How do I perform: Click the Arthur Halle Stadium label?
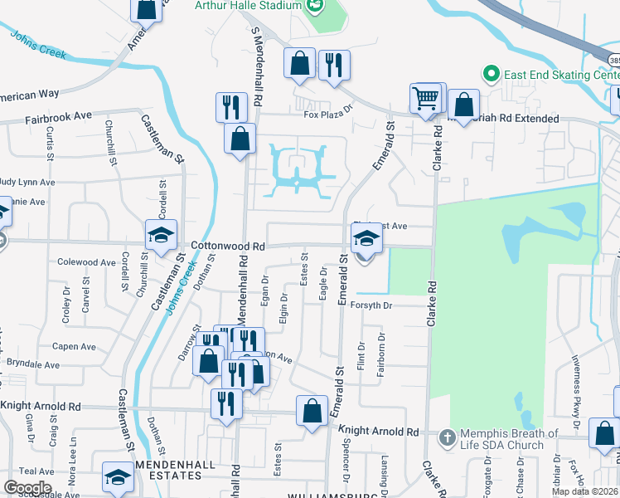click(246, 6)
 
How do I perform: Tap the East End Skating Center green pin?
click(490, 75)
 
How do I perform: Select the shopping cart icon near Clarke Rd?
click(426, 100)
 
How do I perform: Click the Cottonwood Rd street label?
click(228, 247)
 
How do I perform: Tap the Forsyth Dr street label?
click(380, 305)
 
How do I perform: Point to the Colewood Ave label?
click(86, 262)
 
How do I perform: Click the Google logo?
click(27, 487)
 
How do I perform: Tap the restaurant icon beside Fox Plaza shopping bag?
click(334, 66)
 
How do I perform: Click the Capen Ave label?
click(75, 347)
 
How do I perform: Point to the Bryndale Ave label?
click(33, 364)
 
